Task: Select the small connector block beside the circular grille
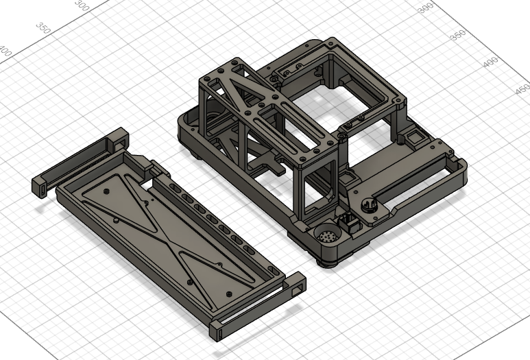point(348,223)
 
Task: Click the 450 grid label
point(522,90)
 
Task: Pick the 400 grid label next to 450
point(490,62)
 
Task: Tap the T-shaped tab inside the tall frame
point(267,165)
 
